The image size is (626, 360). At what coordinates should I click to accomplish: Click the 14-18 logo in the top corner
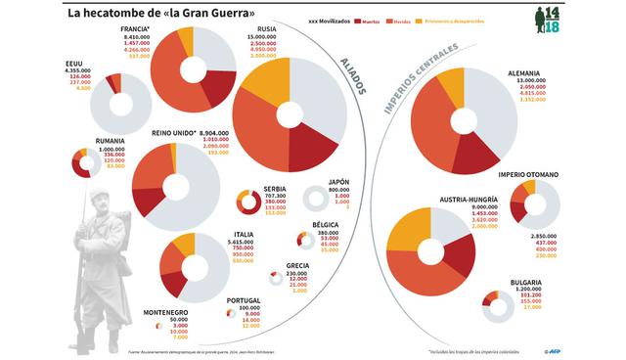595,19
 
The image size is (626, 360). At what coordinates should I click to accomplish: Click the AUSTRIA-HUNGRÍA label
471,199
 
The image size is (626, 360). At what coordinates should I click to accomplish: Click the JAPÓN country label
338,182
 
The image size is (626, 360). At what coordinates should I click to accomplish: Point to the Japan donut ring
316,200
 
